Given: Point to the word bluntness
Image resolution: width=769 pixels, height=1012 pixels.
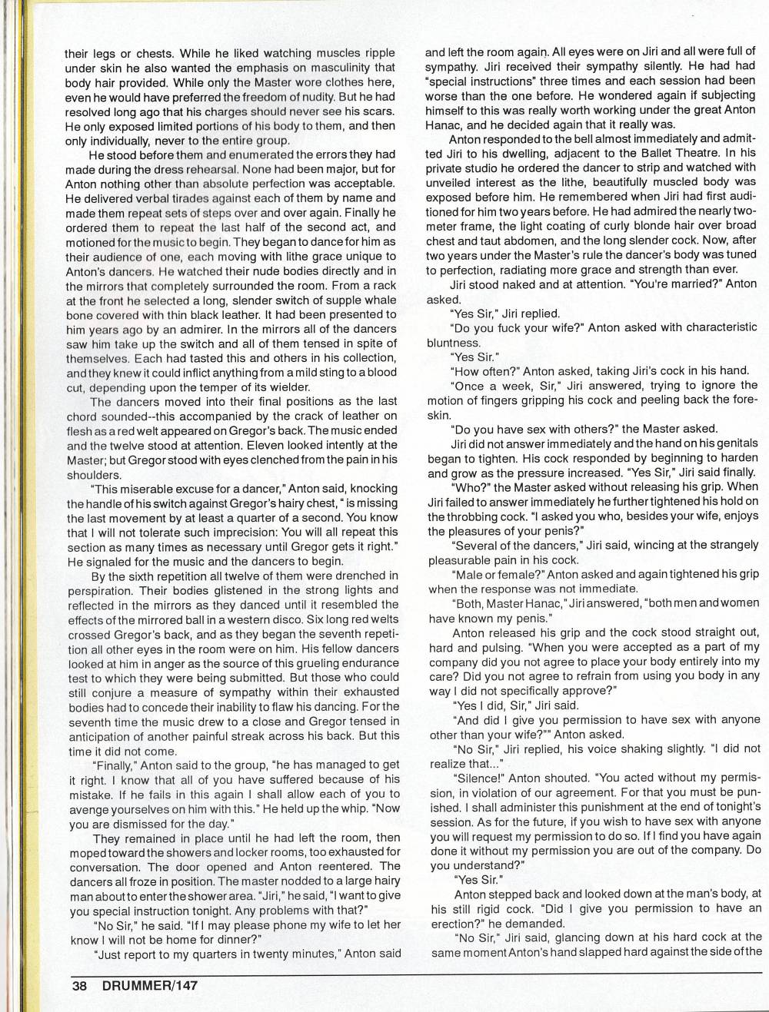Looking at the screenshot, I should pos(453,343).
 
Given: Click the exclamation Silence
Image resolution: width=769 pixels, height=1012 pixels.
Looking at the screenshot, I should pos(477,778).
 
